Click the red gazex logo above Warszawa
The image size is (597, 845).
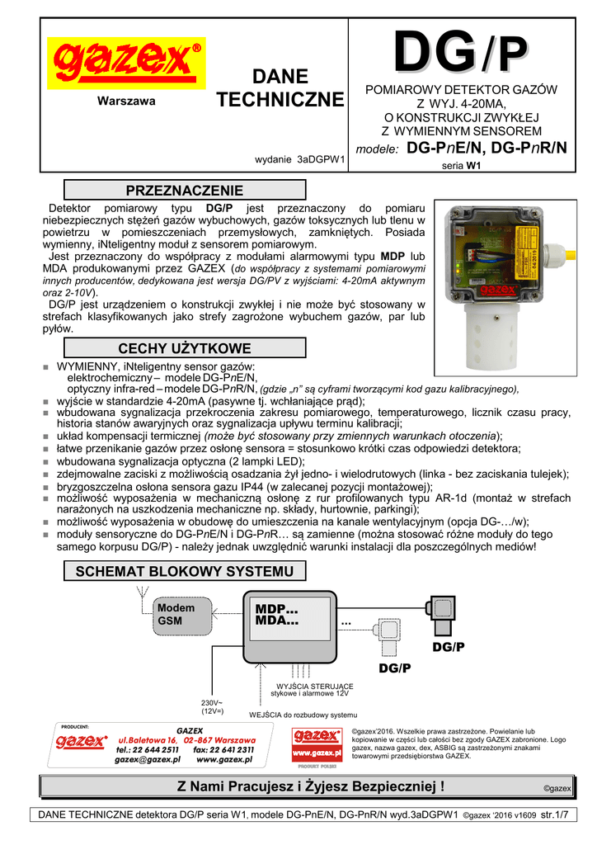126,63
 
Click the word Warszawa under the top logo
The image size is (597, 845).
126,101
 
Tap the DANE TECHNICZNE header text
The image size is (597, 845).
280,88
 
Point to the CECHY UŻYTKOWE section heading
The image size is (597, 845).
184,348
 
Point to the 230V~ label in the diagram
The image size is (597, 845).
212,702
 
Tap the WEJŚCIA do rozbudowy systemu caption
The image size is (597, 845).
303,715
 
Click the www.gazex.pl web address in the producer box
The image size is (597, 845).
223,759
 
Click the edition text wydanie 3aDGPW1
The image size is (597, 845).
298,160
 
